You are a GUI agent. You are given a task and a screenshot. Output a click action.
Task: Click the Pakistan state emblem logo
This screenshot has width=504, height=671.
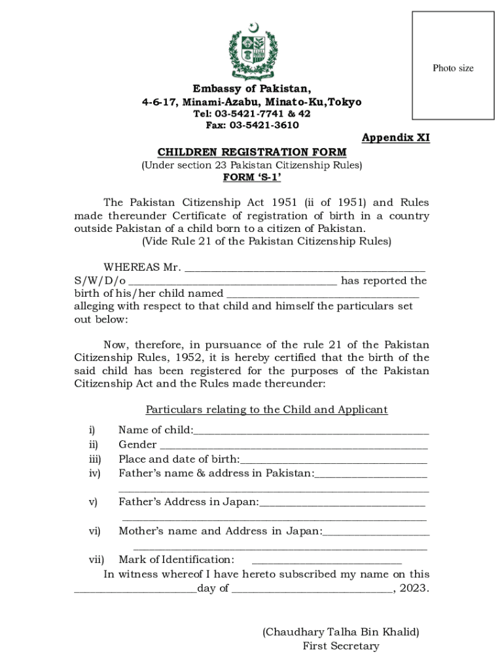pos(252,51)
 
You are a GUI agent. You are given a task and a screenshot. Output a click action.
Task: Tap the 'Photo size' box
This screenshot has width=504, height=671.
pos(452,66)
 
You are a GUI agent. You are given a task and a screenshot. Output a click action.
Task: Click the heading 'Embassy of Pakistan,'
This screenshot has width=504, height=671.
pos(252,89)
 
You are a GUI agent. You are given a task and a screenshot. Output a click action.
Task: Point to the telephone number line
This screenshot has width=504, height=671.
pos(252,113)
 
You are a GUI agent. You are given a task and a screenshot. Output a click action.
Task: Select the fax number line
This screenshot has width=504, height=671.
pos(252,125)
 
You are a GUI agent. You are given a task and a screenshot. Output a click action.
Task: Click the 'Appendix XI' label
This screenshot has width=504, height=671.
pos(395,138)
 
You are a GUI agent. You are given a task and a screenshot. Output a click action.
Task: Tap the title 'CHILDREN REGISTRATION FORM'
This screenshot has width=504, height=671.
pos(252,153)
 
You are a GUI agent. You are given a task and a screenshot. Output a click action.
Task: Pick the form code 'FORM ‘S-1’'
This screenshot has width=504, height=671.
pos(252,178)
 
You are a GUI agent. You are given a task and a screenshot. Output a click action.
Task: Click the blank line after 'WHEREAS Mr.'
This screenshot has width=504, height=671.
pos(305,269)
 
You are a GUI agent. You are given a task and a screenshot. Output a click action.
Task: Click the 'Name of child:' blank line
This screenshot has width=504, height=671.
pos(312,432)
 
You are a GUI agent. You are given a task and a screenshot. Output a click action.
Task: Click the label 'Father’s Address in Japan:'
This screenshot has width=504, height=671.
pos(189,502)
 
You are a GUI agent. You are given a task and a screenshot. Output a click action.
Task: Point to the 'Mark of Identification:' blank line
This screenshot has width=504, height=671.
pos(326,562)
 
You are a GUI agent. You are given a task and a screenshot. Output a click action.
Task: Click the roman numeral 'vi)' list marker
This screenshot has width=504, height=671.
pos(95,531)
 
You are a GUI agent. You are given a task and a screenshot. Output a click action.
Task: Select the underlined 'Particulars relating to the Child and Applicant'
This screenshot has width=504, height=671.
pos(266,410)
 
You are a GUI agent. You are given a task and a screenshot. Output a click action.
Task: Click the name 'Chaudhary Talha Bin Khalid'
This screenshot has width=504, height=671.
pos(340,632)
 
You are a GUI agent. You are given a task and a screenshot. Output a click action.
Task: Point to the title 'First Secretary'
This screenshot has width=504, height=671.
pos(340,646)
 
